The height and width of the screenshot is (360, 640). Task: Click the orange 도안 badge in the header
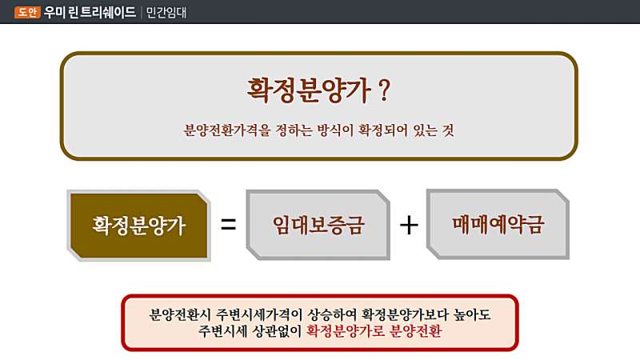click(x=27, y=12)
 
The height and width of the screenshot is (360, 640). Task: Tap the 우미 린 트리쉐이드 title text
click(x=90, y=12)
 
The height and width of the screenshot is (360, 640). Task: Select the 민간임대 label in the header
click(x=166, y=13)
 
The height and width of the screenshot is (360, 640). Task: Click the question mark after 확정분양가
click(x=384, y=90)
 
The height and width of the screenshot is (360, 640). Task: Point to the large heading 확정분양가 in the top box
click(x=309, y=90)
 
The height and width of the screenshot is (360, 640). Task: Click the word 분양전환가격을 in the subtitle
click(x=227, y=130)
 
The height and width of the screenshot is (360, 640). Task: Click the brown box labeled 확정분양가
click(x=138, y=226)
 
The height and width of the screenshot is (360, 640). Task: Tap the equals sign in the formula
click(x=228, y=224)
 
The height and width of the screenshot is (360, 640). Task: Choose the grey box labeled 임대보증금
click(x=318, y=225)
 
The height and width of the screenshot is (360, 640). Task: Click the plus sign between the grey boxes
click(x=409, y=225)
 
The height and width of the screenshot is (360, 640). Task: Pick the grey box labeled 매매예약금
click(x=498, y=224)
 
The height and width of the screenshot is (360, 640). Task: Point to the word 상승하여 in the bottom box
click(x=332, y=314)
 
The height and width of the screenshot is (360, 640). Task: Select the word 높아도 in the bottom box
click(x=472, y=314)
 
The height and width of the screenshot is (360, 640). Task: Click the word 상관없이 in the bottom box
click(x=277, y=331)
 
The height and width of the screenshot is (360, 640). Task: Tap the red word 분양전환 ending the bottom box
click(x=415, y=331)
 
